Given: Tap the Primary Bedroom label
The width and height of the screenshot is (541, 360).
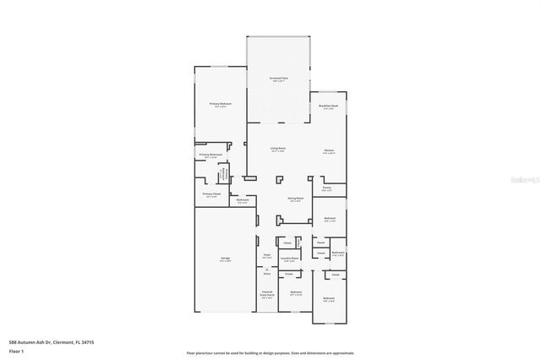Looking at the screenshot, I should point(221,103).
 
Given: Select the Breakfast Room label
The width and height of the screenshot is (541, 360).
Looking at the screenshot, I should point(329,106).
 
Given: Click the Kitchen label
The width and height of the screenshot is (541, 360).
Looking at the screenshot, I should point(329,151).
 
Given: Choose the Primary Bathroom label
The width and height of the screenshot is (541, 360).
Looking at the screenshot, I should point(210,155).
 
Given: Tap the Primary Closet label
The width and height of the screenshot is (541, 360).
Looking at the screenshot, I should point(211,194).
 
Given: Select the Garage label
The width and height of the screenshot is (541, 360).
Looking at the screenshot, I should point(226,258).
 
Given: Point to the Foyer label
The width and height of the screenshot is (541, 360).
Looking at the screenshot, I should point(266,254).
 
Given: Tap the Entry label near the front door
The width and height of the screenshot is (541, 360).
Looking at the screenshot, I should point(267,274).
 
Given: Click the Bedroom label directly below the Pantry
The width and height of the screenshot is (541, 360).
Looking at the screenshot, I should point(330,218).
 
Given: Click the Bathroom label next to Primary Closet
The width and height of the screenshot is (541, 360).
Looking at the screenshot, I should point(243,199).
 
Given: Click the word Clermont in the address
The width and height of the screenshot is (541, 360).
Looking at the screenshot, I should point(63,341).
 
